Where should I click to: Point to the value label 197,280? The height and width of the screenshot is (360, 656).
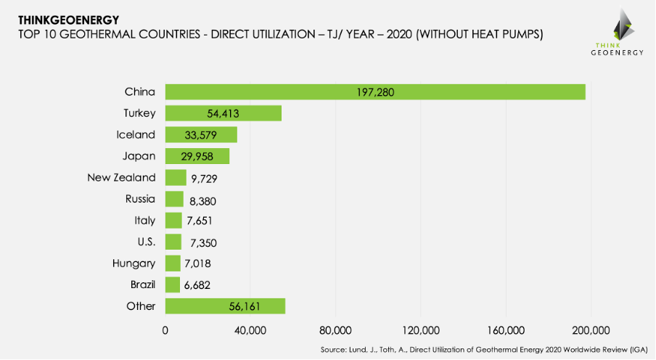pyautogui.click(x=374, y=92)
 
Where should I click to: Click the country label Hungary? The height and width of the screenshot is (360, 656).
pyautogui.click(x=134, y=263)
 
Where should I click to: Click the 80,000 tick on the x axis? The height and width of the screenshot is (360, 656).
pyautogui.click(x=335, y=331)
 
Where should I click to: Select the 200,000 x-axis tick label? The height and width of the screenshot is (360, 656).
pyautogui.click(x=590, y=331)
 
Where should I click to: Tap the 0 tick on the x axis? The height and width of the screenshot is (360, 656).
pyautogui.click(x=165, y=331)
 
